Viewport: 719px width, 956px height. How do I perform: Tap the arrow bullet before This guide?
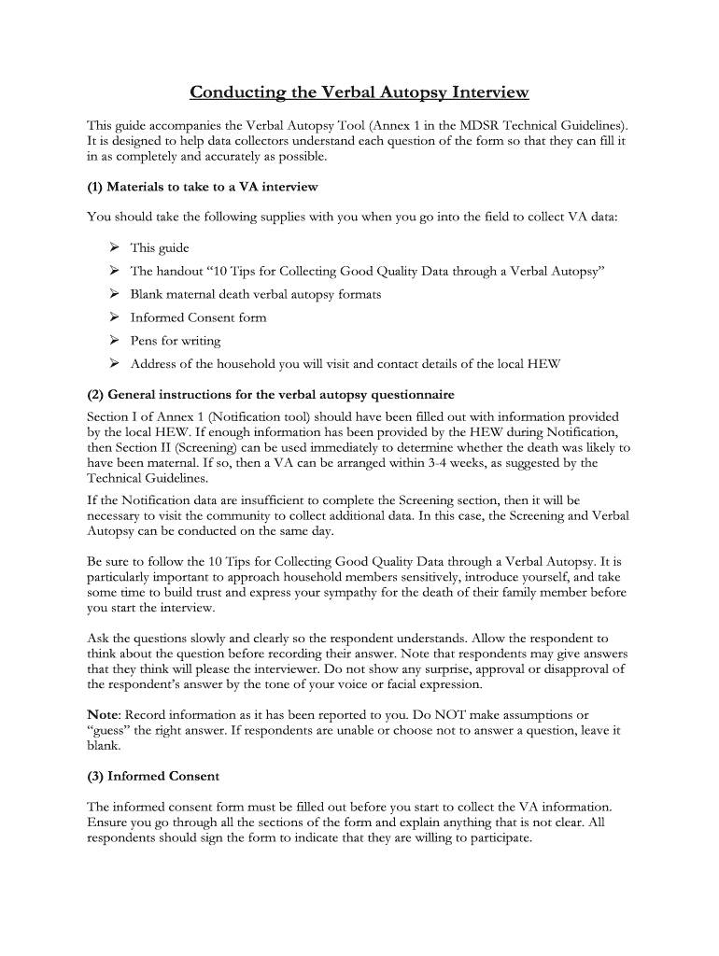click(113, 247)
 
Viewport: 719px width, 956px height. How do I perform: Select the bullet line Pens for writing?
click(176, 341)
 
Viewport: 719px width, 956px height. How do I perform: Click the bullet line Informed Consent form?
click(198, 317)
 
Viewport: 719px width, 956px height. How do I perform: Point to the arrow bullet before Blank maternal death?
click(113, 294)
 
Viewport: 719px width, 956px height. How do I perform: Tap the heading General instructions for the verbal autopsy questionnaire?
click(271, 395)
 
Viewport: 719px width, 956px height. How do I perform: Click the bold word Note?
click(102, 715)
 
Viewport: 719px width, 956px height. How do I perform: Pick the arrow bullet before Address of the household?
click(113, 364)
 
